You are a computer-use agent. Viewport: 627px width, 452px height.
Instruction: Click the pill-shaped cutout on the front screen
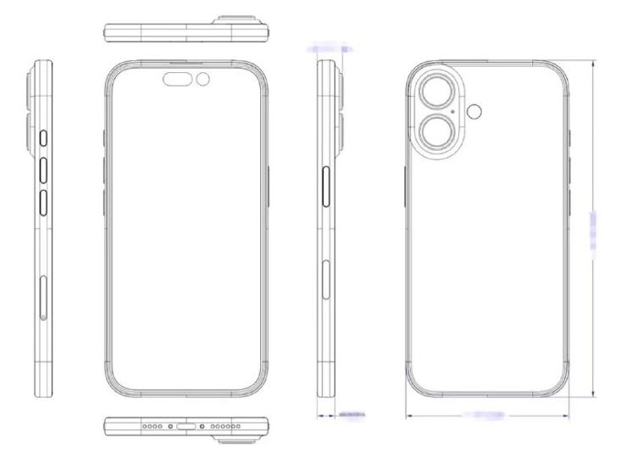click(180, 80)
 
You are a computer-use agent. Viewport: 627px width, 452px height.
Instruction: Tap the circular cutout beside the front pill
click(203, 80)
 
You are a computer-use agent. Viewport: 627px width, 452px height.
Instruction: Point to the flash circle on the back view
click(475, 110)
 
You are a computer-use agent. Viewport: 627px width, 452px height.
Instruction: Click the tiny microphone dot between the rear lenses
click(454, 112)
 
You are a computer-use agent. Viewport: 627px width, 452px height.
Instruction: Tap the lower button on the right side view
click(328, 280)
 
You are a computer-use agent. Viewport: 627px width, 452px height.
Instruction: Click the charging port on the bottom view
click(186, 426)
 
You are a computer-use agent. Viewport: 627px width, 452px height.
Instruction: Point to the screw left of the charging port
click(171, 426)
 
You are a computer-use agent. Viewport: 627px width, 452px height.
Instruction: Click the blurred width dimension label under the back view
click(486, 415)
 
